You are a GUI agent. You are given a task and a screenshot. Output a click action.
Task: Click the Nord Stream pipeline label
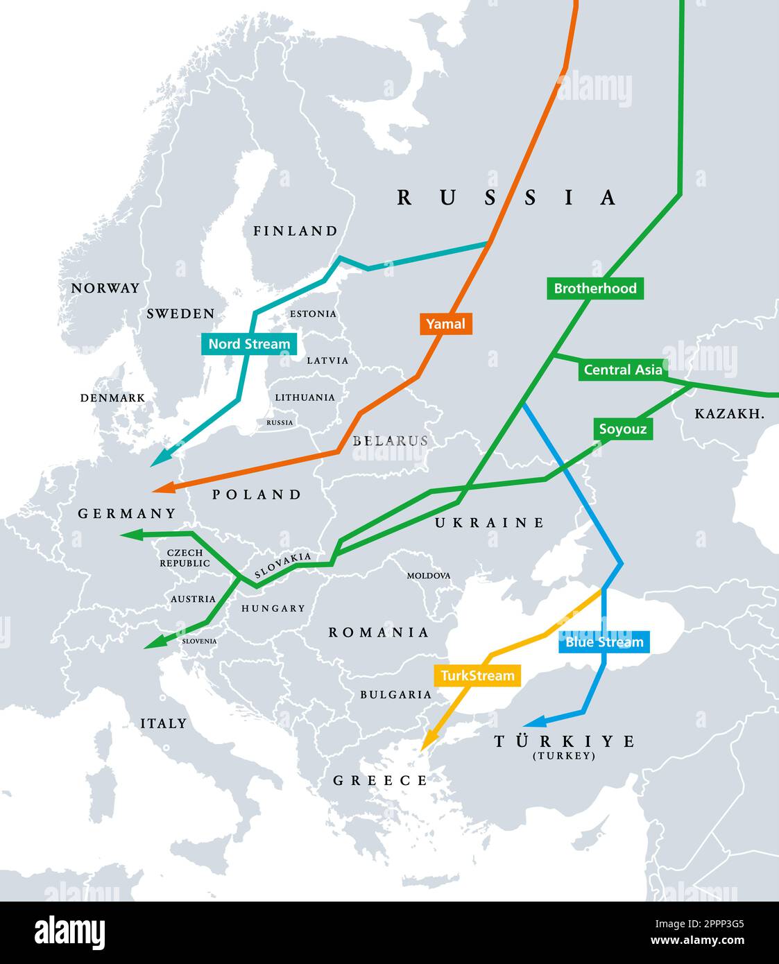(249, 344)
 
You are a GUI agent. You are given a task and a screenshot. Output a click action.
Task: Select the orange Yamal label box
(445, 324)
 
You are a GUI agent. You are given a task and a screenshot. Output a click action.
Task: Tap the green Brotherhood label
(594, 289)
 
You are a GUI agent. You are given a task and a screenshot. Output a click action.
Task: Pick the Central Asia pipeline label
(622, 370)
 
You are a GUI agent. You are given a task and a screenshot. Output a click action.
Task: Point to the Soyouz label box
(622, 429)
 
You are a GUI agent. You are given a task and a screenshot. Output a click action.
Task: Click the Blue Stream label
(603, 642)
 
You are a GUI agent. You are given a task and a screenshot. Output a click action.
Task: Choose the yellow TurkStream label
(477, 675)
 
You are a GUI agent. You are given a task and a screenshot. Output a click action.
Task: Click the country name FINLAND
(295, 231)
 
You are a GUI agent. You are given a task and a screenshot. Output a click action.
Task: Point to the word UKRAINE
(489, 523)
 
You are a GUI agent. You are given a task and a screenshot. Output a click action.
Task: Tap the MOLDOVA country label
(428, 576)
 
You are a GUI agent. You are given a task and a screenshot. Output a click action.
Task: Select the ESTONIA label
(313, 314)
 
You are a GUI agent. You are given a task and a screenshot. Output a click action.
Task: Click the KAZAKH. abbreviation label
(729, 414)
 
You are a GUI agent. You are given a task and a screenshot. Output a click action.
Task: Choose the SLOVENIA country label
(199, 642)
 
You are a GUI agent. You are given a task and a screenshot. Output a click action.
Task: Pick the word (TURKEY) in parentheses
(563, 756)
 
